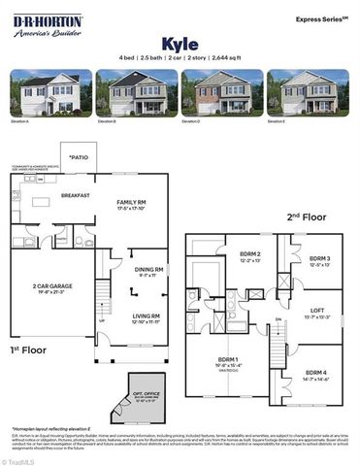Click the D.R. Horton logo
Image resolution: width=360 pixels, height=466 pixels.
point(47,25)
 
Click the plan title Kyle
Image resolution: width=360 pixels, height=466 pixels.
point(180,43)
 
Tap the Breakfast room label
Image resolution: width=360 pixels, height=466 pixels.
point(75,195)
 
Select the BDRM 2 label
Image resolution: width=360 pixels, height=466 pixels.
point(223,257)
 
